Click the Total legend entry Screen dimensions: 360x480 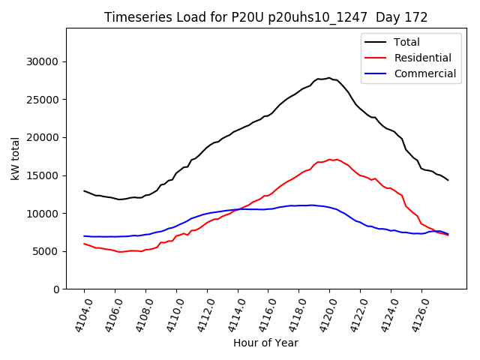[406, 42]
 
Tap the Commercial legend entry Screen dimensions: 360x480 [424, 73]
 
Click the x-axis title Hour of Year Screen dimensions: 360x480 [265, 343]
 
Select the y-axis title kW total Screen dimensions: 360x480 [15, 158]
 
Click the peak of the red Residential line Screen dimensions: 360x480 [330, 159]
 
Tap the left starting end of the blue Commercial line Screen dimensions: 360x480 [84, 236]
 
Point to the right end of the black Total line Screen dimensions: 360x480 [448, 180]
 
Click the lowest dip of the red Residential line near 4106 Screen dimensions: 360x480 [120, 252]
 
